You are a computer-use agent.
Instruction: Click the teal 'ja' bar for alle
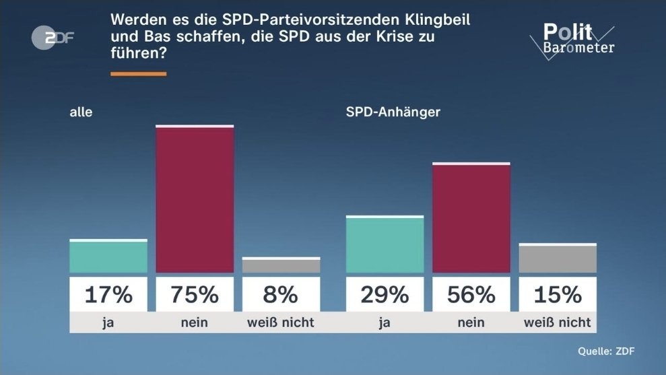(108, 257)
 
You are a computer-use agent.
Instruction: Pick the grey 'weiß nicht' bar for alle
(281, 265)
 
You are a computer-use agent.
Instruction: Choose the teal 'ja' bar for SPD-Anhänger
(385, 244)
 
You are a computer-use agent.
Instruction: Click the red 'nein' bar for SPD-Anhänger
(471, 218)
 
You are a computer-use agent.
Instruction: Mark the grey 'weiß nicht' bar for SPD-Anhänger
(558, 259)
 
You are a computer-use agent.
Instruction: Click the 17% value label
(108, 294)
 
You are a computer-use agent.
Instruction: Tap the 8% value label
(281, 294)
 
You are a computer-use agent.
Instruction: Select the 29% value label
(385, 294)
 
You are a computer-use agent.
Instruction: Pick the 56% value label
(471, 294)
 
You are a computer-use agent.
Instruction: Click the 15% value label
(558, 294)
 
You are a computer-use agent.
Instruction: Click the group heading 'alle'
(81, 112)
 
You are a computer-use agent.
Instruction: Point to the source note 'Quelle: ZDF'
(606, 351)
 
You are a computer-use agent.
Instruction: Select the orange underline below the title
(138, 74)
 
